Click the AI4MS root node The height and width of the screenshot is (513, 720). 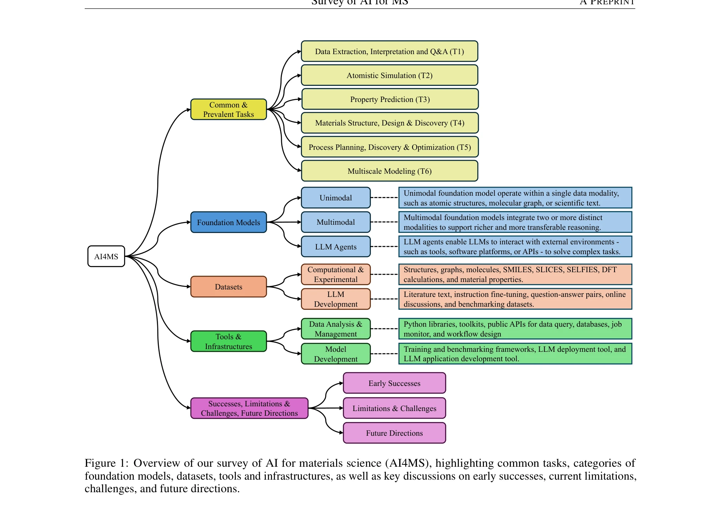coord(106,256)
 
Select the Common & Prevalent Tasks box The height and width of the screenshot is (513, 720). coord(228,109)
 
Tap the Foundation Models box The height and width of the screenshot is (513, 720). coord(228,222)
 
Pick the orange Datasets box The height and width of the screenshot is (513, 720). coord(228,287)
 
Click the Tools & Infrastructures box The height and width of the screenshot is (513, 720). coord(228,341)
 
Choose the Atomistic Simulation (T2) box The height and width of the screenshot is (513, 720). coord(389,75)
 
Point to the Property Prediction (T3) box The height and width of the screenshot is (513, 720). coord(390,99)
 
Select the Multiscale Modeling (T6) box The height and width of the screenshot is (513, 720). coord(389,171)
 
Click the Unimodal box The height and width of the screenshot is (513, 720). coord(336,198)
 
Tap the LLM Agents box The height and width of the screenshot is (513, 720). coord(336,247)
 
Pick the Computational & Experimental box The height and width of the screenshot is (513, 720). coord(336,275)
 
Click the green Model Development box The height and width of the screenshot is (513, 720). coord(336,354)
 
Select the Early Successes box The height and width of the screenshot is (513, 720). coord(394,383)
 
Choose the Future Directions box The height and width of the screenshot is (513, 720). coord(394,433)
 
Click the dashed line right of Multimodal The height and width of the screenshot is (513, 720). coord(384,222)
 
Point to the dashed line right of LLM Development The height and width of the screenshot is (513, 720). coord(384,299)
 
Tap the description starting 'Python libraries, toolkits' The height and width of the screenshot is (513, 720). coord(515,329)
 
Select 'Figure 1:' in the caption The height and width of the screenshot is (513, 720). coord(106,463)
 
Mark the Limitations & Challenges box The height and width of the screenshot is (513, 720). coord(394,408)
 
